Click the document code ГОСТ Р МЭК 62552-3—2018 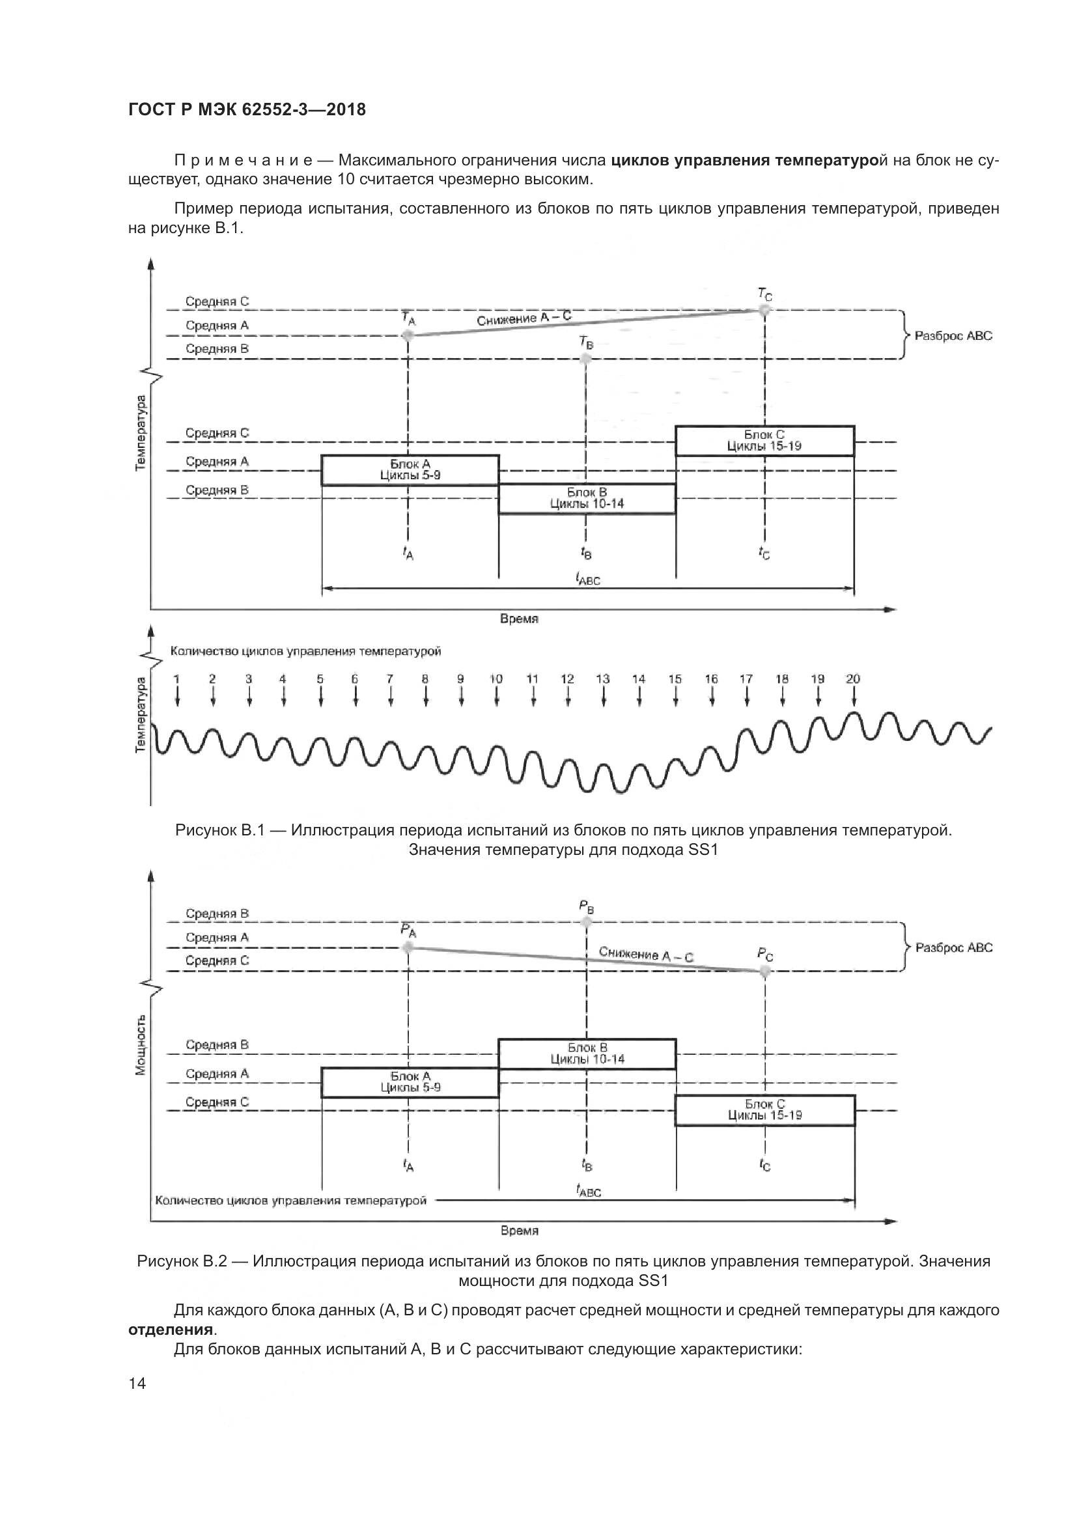pos(247,109)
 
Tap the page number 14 pos(137,1383)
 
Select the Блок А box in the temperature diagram pos(410,470)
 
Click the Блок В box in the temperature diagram pos(587,498)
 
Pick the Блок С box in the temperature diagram pos(764,440)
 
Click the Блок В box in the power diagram pos(587,1054)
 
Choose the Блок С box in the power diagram pos(764,1110)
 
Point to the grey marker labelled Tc pos(765,310)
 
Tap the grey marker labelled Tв pos(585,359)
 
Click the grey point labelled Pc pos(765,971)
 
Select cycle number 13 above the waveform pos(603,678)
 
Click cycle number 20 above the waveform pos(853,678)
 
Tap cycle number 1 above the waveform pos(176,678)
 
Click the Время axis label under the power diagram pos(519,1231)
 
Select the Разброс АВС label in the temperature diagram pos(954,335)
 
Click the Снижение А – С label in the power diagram pos(646,954)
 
